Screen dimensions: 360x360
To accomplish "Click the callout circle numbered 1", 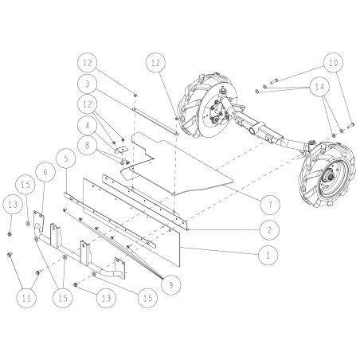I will (x=269, y=256).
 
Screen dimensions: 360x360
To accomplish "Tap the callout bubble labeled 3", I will (x=88, y=83).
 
